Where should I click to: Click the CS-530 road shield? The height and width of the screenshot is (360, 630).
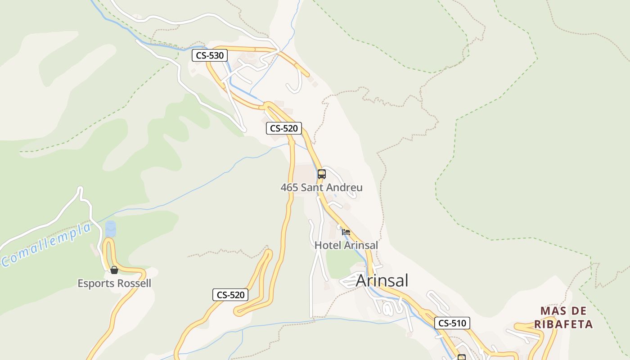210,55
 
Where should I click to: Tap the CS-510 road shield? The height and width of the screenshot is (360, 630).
452,323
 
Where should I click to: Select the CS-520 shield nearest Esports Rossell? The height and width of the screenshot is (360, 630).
230,295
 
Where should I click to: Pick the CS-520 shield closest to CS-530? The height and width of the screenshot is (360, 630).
283,128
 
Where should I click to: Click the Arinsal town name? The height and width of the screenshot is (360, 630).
382,280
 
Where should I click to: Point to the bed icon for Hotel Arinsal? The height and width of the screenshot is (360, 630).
346,232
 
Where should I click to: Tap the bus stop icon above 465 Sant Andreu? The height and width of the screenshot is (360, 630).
321,174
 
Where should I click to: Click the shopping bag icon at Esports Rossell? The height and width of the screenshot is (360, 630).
114,270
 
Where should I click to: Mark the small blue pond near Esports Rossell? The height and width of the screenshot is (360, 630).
110,229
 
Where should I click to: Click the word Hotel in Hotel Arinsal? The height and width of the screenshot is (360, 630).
328,245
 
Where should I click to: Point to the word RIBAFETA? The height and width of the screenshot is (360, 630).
563,324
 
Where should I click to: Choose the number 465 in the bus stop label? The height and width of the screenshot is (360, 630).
289,187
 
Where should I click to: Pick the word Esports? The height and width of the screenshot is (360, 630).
94,283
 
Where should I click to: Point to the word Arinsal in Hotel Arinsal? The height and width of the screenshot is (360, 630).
361,245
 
